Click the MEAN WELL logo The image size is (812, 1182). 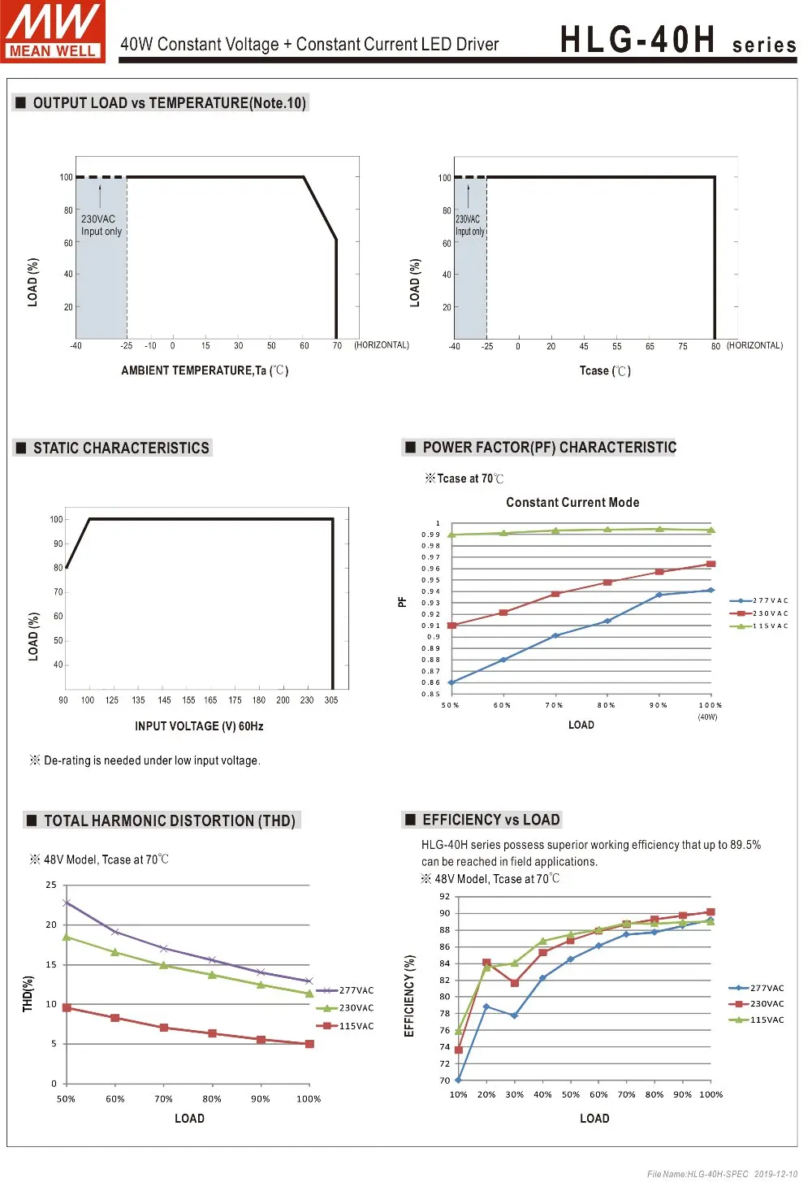53,31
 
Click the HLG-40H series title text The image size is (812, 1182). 678,40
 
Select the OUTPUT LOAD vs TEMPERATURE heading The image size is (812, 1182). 169,103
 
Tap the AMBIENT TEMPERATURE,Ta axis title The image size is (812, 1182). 205,370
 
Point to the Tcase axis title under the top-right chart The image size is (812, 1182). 605,371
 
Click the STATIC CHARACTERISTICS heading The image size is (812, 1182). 121,448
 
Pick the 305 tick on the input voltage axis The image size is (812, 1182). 331,700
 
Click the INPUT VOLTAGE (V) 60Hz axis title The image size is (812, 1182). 199,726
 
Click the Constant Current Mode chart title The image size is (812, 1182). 572,503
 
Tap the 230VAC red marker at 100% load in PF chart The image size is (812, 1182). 711,564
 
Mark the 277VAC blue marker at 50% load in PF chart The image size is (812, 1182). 451,682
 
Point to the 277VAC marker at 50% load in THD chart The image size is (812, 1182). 67,903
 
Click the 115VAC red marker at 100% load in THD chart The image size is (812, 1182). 309,1044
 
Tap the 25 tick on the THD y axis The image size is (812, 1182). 51,885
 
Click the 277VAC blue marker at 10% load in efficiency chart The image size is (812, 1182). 459,1080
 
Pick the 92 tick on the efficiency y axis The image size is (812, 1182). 444,897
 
